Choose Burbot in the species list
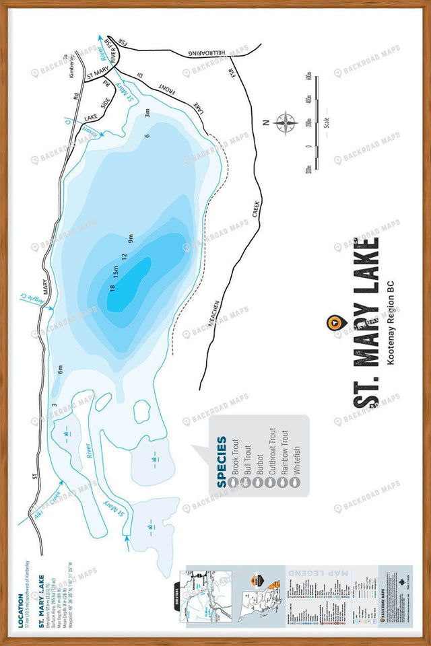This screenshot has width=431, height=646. [x=260, y=464]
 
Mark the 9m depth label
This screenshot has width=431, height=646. [x=131, y=237]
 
